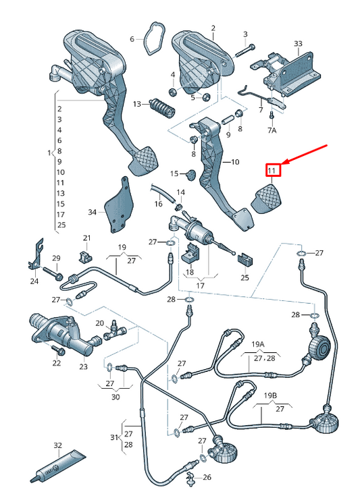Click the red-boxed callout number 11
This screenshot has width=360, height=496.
272,171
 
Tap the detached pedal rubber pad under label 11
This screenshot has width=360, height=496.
265,198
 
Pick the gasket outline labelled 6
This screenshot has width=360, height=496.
155,38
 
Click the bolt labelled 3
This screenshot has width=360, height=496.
245,51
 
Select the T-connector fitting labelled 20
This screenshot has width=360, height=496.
115,331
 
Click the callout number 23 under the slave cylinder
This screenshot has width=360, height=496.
83,366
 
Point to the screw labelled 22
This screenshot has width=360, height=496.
58,350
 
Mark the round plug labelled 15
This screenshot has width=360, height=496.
191,175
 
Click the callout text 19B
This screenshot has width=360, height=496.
270,395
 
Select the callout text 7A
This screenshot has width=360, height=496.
272,130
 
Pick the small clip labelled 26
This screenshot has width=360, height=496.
190,476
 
